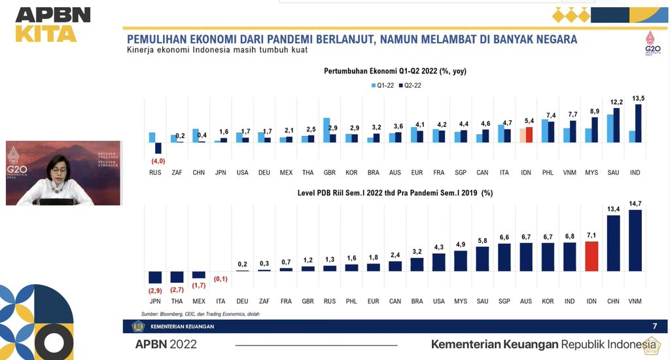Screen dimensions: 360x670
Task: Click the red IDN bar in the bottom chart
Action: (591, 256)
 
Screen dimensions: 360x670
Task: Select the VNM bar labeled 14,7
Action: (635, 240)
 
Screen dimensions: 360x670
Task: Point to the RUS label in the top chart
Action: (155, 172)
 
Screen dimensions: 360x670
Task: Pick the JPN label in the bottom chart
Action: (155, 302)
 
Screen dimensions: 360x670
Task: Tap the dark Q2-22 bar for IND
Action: (639, 123)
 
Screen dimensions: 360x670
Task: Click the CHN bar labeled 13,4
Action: (613, 243)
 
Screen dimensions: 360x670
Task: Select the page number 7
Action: (654, 326)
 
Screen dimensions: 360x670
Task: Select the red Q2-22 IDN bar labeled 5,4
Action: (529, 134)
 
